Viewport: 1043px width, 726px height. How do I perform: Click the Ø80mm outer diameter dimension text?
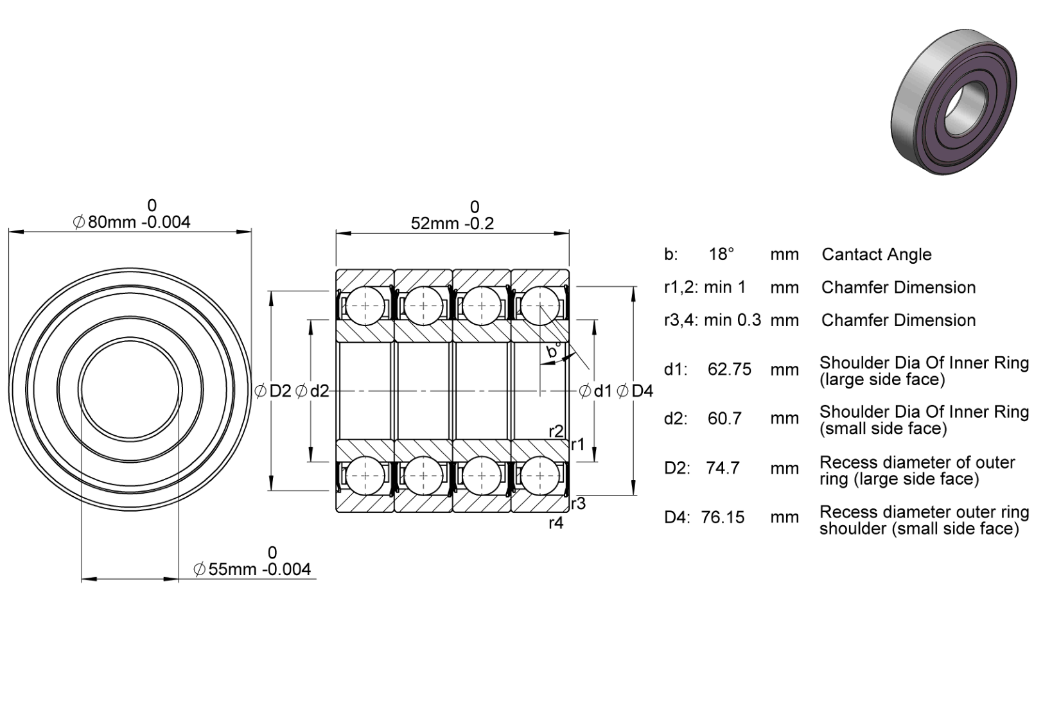[x=132, y=222]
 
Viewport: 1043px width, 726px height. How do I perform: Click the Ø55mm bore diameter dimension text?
[x=252, y=569]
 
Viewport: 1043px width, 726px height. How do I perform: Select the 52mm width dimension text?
[x=452, y=223]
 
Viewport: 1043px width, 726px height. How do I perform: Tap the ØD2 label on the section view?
[x=273, y=391]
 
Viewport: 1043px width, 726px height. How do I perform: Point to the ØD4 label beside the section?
[x=635, y=391]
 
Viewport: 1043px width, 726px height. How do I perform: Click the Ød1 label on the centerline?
[x=595, y=391]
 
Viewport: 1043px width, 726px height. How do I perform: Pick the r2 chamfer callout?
[x=556, y=431]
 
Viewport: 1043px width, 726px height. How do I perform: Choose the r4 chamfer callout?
[x=556, y=523]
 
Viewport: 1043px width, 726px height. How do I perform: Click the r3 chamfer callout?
[x=578, y=503]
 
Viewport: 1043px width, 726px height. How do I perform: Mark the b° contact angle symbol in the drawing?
[x=554, y=351]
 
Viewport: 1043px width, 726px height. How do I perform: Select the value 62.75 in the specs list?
[x=729, y=369]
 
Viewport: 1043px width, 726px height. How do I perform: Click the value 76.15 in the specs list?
[x=723, y=517]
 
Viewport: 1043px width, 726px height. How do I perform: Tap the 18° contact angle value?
[x=721, y=254]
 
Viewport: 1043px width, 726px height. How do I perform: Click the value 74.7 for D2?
[x=723, y=468]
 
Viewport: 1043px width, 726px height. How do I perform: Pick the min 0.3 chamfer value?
[x=732, y=320]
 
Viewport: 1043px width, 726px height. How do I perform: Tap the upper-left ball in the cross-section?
[x=365, y=306]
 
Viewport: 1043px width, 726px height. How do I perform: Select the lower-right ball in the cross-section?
[x=540, y=476]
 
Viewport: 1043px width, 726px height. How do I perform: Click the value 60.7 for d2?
[x=724, y=419]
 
